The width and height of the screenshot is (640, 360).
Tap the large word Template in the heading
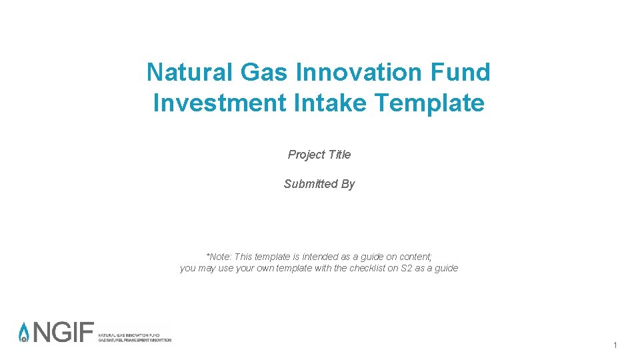coord(429,103)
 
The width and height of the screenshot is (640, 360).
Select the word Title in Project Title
coord(339,155)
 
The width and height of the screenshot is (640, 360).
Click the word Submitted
coord(311,184)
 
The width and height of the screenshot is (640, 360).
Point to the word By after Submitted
coord(348,184)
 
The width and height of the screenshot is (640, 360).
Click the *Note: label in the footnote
coord(218,257)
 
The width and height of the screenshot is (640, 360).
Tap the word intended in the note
coord(321,257)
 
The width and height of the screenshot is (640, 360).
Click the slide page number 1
coord(615,345)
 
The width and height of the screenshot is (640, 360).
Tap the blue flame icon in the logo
coord(24,332)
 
